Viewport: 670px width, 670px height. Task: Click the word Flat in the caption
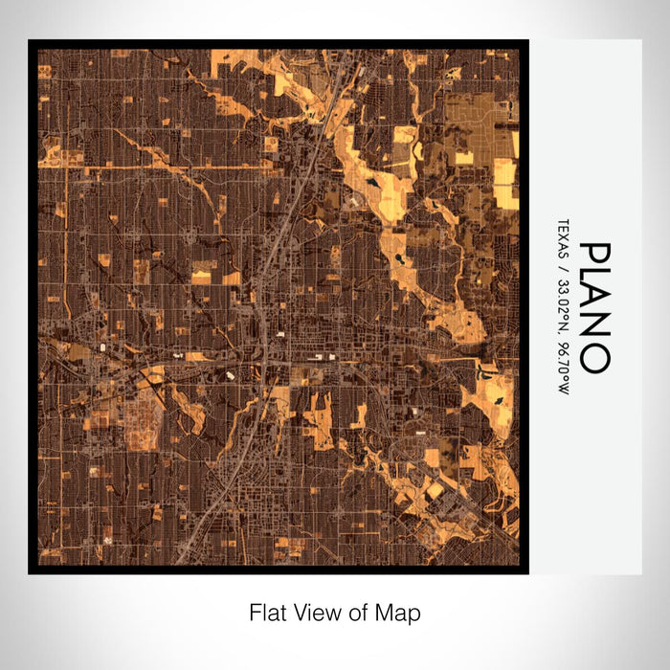(267, 612)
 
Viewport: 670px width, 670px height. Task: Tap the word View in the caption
(311, 612)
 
